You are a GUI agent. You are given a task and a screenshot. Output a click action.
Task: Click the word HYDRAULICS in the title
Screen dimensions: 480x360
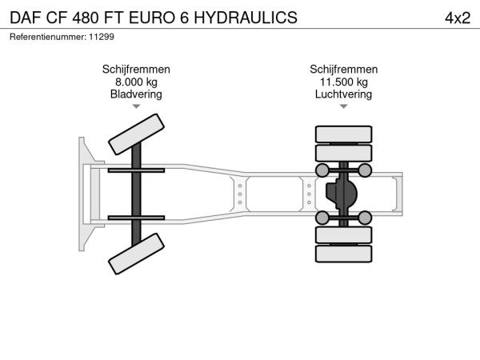[246, 18]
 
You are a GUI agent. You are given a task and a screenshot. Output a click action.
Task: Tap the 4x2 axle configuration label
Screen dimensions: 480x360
[458, 18]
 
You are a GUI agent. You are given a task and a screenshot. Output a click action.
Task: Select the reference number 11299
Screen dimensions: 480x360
[102, 37]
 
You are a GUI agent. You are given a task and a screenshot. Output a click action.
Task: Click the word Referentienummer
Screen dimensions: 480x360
[48, 37]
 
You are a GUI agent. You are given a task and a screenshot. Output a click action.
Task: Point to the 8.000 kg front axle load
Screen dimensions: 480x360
[136, 82]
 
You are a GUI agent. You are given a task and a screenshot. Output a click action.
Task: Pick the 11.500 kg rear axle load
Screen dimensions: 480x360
[344, 82]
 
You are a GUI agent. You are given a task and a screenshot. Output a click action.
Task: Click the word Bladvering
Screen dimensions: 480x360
[136, 94]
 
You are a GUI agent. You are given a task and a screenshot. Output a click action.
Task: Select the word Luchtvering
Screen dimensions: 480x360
[344, 94]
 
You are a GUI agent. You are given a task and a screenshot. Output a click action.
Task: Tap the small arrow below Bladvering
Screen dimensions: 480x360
[136, 106]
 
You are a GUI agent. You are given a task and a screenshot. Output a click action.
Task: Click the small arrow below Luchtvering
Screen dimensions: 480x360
[344, 106]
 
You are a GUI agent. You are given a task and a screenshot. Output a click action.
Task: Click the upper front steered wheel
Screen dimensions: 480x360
[136, 134]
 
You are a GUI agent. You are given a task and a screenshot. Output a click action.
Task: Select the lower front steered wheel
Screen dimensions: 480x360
[136, 254]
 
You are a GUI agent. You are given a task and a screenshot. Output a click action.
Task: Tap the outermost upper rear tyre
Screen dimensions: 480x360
[344, 134]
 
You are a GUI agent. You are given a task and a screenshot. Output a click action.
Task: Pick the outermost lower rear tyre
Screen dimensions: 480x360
[344, 254]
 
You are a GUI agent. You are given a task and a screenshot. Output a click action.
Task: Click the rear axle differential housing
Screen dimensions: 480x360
[342, 194]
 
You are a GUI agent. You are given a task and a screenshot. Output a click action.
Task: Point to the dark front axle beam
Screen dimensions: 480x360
[136, 194]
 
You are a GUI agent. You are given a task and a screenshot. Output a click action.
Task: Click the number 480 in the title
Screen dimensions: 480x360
[86, 18]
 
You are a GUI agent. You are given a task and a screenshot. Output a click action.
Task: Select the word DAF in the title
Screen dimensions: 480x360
[26, 18]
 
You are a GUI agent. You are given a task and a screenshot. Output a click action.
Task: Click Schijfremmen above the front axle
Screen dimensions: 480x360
[136, 70]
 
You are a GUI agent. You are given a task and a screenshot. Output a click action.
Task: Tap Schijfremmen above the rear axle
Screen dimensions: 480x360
[344, 70]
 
